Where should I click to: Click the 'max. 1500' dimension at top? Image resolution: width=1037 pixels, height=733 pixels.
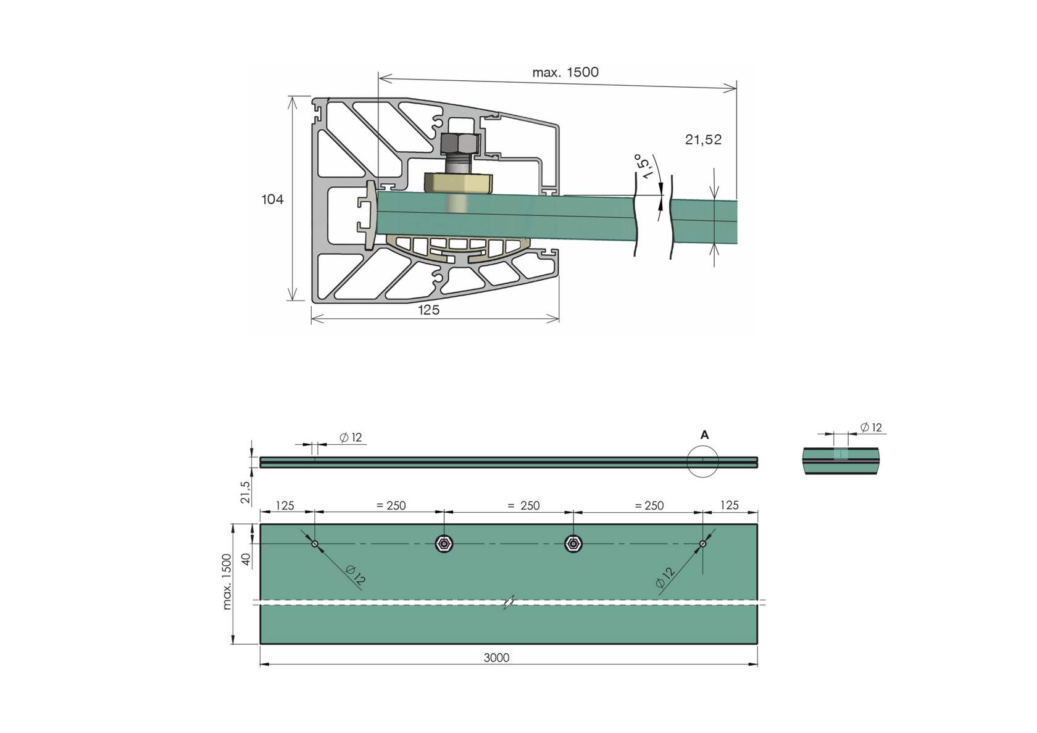[x=565, y=72]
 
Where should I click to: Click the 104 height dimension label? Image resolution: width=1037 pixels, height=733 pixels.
[x=272, y=199]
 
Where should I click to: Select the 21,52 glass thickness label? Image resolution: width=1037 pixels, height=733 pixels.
[x=703, y=140]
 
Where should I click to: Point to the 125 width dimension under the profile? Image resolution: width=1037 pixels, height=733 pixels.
[x=428, y=310]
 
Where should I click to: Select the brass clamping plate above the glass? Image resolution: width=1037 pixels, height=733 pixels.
[x=458, y=183]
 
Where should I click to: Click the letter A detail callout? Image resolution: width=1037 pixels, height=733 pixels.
[x=704, y=435]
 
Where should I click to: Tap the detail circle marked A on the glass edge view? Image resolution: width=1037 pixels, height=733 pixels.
[x=702, y=462]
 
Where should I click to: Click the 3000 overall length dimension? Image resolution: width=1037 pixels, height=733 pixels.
[x=496, y=658]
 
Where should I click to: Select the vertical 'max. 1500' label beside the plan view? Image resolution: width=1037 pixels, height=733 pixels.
[x=227, y=582]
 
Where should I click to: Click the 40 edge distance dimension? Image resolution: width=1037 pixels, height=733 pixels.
[x=246, y=559]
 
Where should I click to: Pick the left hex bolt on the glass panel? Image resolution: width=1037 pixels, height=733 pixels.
[x=444, y=544]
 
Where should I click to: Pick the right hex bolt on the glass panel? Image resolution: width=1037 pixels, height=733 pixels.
[x=573, y=544]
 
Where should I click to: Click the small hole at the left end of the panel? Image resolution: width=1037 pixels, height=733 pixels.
[x=315, y=544]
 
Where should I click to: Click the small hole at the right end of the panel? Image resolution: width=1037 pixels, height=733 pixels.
[x=702, y=544]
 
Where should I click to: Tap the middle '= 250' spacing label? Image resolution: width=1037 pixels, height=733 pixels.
[x=523, y=506]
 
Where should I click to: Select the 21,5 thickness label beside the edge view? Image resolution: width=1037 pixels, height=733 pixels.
[x=245, y=492]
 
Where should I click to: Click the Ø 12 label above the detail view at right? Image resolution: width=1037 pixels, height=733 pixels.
[x=871, y=428]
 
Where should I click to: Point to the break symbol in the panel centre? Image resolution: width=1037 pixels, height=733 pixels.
[x=509, y=602]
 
